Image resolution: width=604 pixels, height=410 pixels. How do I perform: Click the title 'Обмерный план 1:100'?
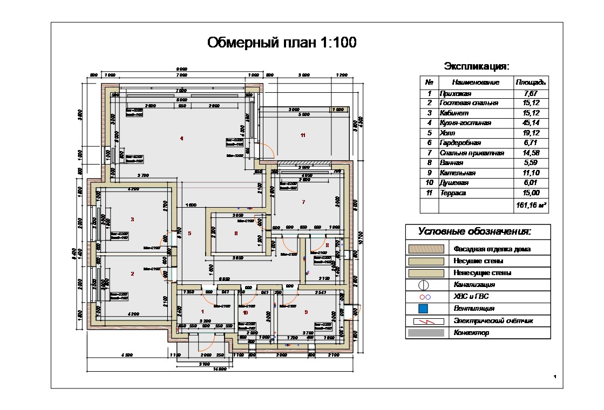click(282, 43)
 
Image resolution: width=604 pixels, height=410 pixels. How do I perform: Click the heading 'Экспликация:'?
click(477, 66)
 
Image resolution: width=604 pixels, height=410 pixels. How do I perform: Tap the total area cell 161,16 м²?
click(531, 206)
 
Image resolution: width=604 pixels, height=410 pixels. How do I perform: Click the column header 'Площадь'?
click(531, 83)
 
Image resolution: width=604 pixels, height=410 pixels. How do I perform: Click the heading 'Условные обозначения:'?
click(474, 232)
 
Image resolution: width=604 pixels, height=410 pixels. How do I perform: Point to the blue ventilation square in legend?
click(424, 309)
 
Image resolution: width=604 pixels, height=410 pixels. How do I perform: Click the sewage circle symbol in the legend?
click(424, 284)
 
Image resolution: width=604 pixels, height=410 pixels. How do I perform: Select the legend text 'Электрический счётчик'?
click(493, 321)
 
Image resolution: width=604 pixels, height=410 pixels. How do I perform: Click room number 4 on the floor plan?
click(181, 139)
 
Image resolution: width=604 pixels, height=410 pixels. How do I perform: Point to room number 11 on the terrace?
click(303, 135)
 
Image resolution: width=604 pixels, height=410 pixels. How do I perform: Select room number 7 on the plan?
click(303, 202)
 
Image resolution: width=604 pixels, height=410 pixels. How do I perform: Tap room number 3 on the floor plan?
click(132, 219)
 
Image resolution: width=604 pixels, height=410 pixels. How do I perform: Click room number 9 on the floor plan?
click(306, 312)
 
